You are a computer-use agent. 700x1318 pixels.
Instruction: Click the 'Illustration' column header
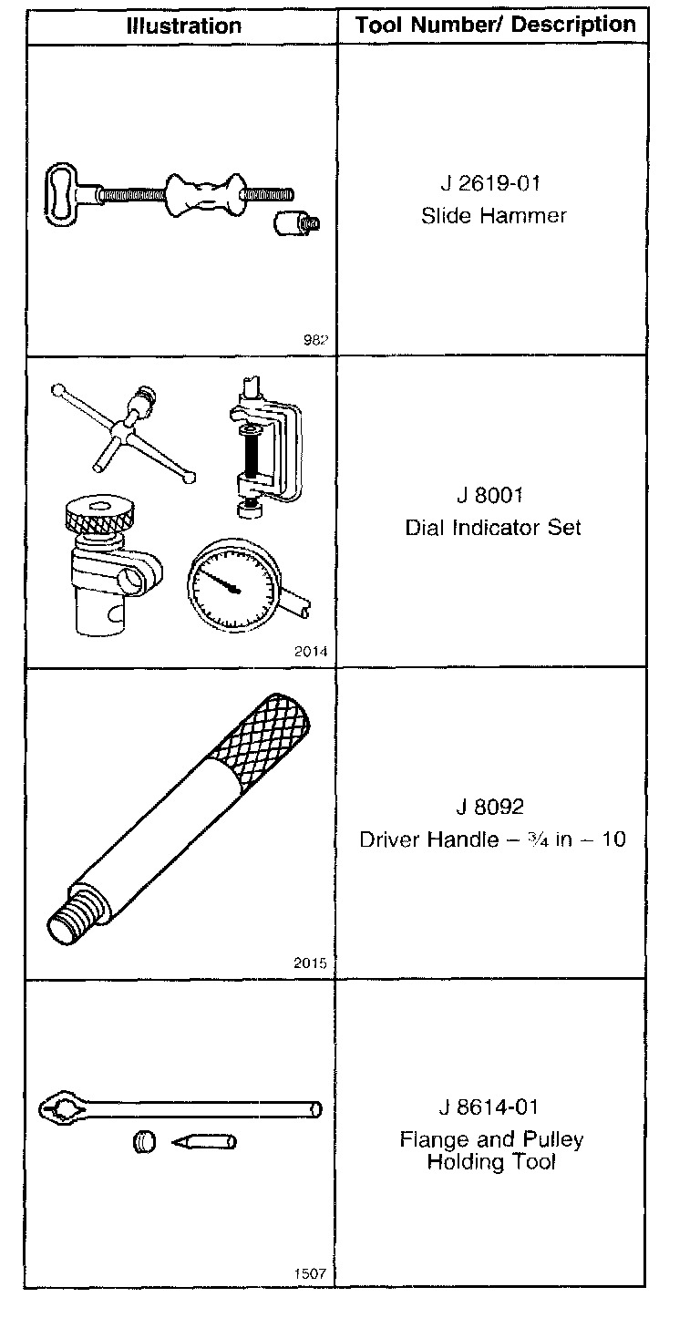183,26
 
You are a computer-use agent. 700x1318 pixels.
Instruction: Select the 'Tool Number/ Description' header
495,25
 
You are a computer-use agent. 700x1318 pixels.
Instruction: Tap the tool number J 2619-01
490,183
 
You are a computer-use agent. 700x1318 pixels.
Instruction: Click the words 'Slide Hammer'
493,216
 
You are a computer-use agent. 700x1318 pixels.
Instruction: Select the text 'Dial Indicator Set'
492,528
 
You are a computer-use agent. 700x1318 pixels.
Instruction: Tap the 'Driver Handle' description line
492,839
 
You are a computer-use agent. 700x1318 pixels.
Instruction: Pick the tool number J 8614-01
490,1107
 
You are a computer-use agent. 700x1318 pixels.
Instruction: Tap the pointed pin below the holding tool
206,1140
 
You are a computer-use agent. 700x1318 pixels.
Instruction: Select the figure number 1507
310,1274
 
